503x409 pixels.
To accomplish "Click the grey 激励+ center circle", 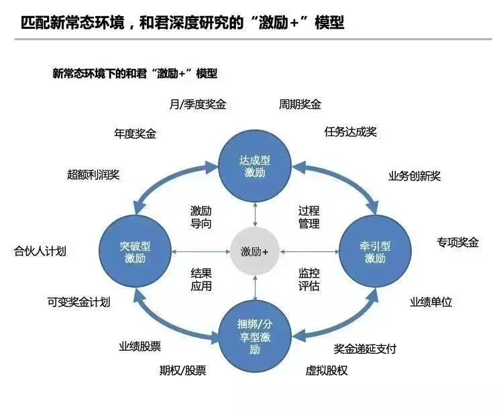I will pyautogui.click(x=255, y=252).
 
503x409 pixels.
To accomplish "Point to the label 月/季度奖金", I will pyautogui.click(x=198, y=105).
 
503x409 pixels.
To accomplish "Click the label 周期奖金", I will pyautogui.click(x=300, y=105).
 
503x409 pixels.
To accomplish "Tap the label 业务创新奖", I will pyautogui.click(x=414, y=176).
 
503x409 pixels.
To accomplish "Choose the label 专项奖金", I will pyautogui.click(x=458, y=243).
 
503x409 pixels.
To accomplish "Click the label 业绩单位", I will pyautogui.click(x=431, y=302).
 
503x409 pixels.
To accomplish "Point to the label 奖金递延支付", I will pyautogui.click(x=366, y=349).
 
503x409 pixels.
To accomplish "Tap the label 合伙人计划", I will pyautogui.click(x=40, y=252).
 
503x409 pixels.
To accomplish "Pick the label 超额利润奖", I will pyautogui.click(x=93, y=175).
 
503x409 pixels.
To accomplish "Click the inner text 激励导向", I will pyautogui.click(x=201, y=217).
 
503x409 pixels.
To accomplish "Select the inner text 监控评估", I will pyautogui.click(x=309, y=280).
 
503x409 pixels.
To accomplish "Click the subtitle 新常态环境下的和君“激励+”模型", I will pyautogui.click(x=135, y=73).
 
